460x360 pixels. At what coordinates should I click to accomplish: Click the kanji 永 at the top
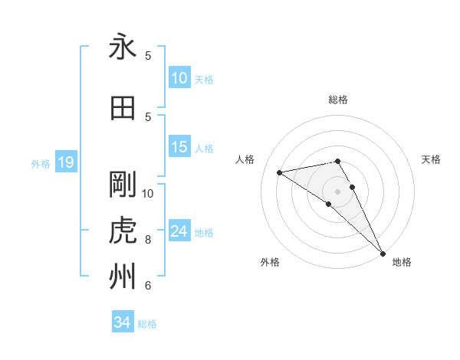(x=123, y=47)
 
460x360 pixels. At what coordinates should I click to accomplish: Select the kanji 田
(x=123, y=108)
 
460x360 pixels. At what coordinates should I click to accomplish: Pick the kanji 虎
(x=123, y=231)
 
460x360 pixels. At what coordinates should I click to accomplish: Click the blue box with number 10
(x=179, y=77)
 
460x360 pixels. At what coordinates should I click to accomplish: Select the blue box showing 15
(x=179, y=147)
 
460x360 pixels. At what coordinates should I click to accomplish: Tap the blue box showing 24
(x=179, y=231)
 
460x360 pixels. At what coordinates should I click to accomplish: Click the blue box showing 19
(x=65, y=162)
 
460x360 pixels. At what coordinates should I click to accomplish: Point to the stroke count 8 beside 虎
(x=148, y=240)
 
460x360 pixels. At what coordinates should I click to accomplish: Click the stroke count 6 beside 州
(x=148, y=286)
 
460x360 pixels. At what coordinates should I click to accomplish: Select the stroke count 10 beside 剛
(x=148, y=193)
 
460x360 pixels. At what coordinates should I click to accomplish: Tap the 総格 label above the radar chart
(x=338, y=100)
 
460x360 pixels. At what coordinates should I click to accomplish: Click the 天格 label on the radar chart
(x=432, y=159)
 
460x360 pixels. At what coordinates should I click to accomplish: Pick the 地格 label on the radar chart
(x=402, y=262)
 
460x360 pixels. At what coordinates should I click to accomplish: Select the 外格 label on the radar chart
(x=270, y=262)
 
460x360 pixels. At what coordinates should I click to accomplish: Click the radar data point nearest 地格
(x=383, y=253)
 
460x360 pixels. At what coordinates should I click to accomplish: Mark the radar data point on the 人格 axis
(x=280, y=172)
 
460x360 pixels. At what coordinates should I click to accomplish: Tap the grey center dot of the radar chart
(x=338, y=191)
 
